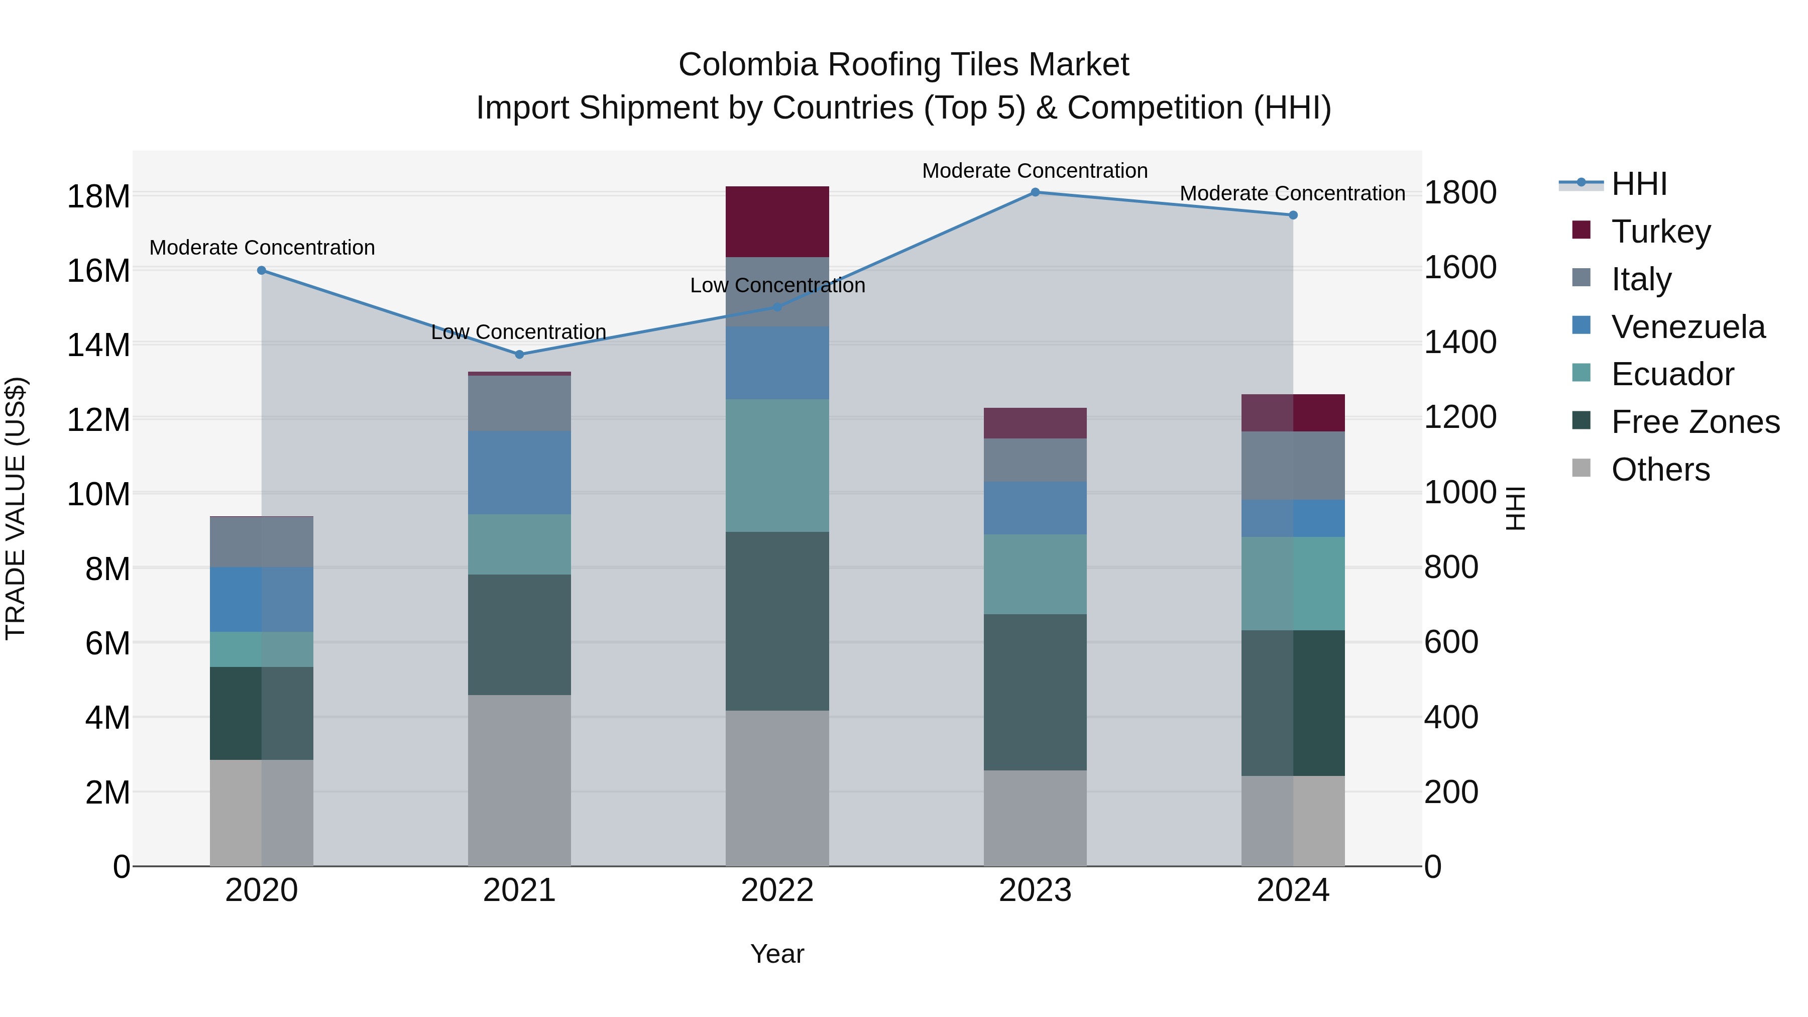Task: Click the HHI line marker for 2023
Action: pos(1035,192)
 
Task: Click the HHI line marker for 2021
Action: pos(519,355)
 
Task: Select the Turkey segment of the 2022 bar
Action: pos(777,222)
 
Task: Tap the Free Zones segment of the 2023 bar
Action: pos(1035,692)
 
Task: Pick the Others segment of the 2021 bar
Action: pos(519,780)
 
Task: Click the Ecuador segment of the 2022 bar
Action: pos(777,466)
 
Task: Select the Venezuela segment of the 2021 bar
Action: pos(519,473)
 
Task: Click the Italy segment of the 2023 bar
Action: pos(1035,461)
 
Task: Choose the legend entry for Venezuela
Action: pos(1688,327)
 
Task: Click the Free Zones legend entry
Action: pos(1695,422)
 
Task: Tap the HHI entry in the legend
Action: pos(1639,184)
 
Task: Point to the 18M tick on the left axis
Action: pos(98,196)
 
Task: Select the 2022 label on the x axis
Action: pos(777,890)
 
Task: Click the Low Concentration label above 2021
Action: pos(519,332)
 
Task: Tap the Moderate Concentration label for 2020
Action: pos(262,248)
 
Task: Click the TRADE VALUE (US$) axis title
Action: pos(16,508)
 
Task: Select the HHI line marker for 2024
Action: pos(1293,215)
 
